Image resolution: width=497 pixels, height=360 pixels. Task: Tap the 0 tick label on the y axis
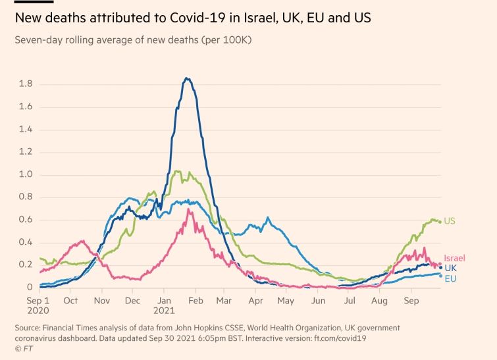point(30,288)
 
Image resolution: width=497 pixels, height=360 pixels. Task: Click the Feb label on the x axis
point(195,301)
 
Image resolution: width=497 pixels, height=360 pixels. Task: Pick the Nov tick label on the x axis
point(102,301)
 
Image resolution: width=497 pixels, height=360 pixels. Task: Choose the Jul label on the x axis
point(350,301)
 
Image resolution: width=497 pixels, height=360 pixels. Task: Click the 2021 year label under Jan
point(165,310)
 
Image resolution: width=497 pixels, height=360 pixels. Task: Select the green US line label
point(450,221)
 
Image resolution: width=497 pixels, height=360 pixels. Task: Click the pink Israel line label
point(454,258)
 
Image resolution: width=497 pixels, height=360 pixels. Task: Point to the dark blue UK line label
point(451,268)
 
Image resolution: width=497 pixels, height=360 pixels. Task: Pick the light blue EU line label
point(451,278)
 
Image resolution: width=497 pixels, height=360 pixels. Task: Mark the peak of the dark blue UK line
point(187,78)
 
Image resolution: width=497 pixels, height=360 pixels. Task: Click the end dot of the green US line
point(440,222)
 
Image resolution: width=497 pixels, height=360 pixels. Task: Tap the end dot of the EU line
point(440,275)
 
